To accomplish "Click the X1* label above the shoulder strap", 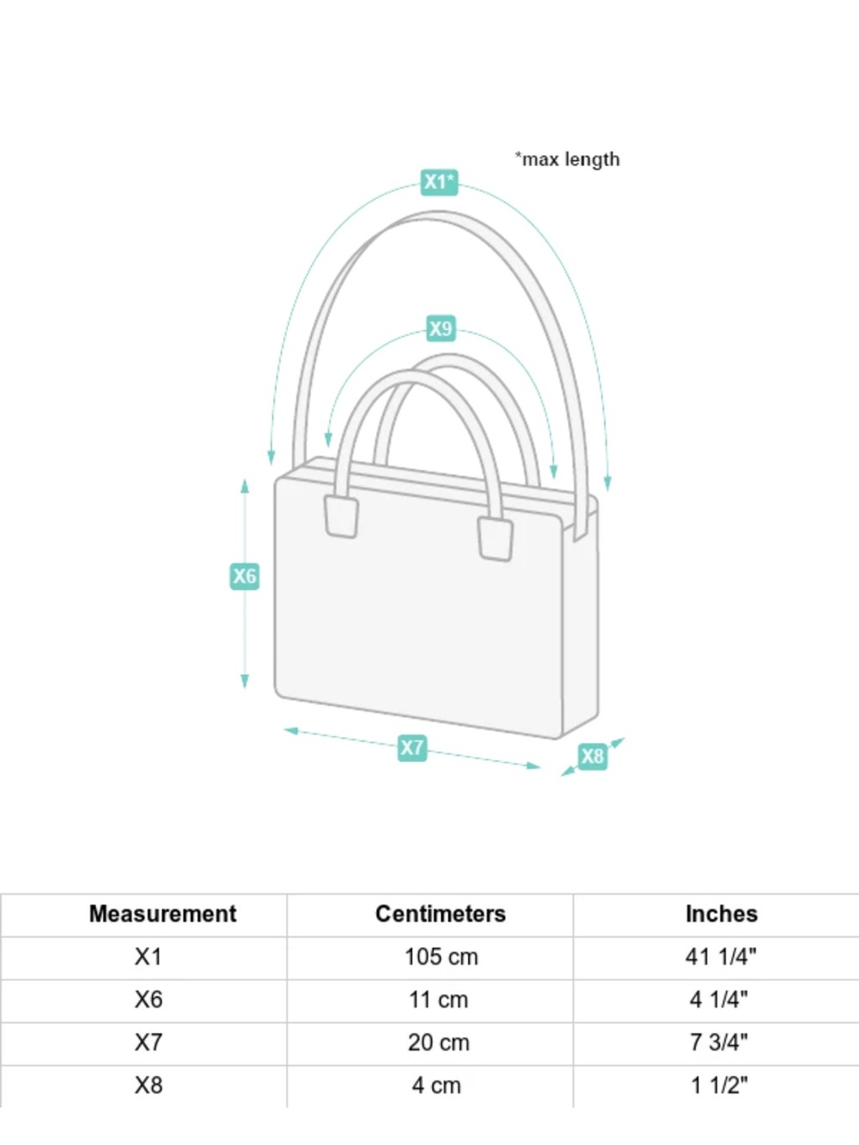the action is pos(439,182).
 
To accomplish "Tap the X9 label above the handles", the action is pos(441,329).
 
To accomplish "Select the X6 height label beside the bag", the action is pos(245,576).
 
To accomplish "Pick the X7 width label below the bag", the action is pos(412,747).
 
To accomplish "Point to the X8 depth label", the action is pos(593,756).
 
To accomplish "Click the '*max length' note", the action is pos(568,159).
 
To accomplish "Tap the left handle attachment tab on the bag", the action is pos(341,516).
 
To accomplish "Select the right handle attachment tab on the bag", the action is pos(495,539).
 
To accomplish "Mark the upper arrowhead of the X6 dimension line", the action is pos(245,486).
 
